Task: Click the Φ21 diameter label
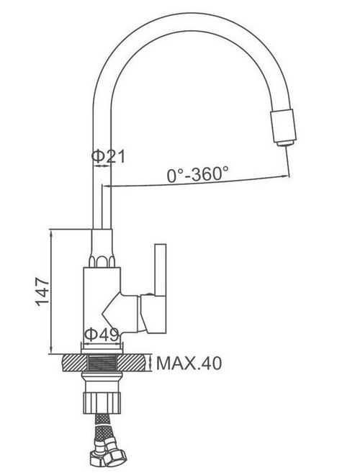(108, 156)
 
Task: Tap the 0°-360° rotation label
(198, 174)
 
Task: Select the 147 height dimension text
(42, 291)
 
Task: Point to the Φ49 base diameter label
(101, 335)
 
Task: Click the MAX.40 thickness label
(189, 363)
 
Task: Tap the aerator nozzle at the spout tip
(283, 127)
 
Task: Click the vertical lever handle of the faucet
(161, 270)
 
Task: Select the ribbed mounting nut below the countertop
(102, 402)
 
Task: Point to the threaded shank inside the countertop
(102, 363)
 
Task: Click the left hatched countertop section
(75, 363)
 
